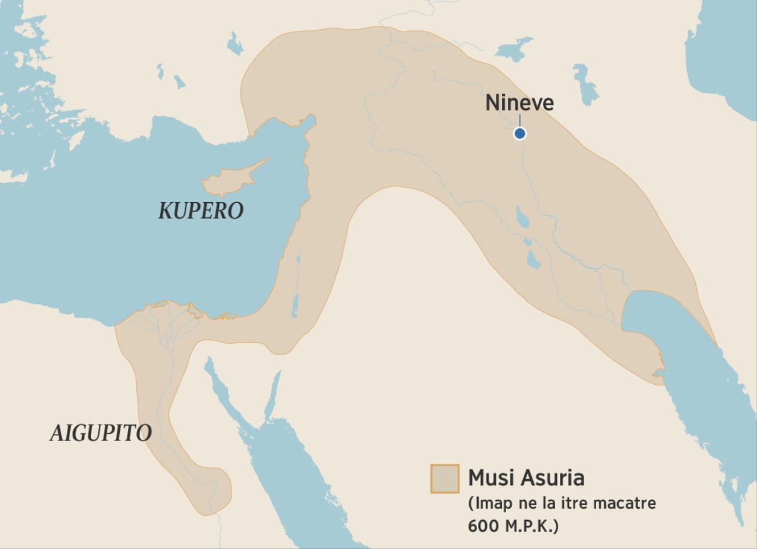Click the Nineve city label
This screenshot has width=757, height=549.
point(519,102)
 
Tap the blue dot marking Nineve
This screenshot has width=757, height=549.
point(520,133)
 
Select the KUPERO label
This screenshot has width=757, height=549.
point(201,211)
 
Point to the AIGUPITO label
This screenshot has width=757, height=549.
point(101,433)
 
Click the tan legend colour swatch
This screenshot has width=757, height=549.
point(444,478)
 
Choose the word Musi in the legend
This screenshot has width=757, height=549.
point(490,478)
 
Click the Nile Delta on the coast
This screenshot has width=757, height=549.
point(167,316)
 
